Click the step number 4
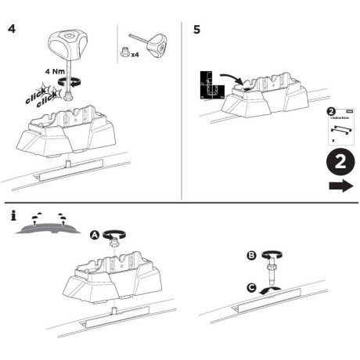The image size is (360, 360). pos(12,30)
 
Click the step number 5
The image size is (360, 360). pos(196,30)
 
